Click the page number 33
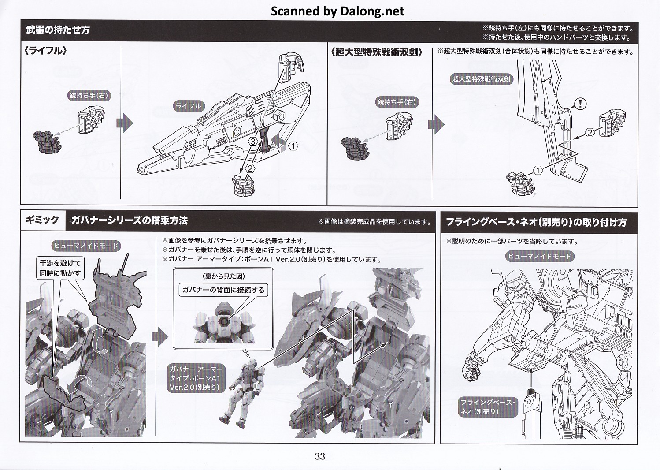pos(320,456)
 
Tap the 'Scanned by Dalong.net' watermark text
pos(337,11)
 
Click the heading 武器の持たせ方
pos(58,30)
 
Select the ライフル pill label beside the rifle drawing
pos(188,106)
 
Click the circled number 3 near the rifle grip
pos(253,142)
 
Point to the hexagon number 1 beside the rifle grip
pos(293,145)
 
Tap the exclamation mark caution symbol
pos(580,104)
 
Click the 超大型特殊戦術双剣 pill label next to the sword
pos(481,79)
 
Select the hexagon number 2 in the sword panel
pos(590,133)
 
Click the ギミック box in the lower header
pos(42,220)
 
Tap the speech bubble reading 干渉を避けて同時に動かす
pos(60,268)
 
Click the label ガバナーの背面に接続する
pos(223,290)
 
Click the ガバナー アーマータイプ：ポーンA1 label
pos(196,378)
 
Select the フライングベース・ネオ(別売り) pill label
pos(488,407)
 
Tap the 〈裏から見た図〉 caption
pos(224,276)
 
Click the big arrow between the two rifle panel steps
pos(125,123)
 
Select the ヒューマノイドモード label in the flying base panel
pos(540,256)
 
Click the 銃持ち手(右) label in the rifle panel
pos(89,96)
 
